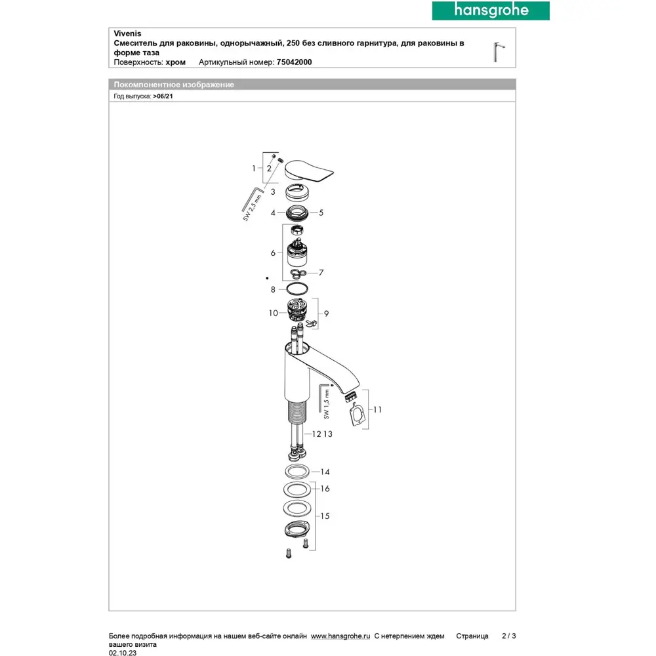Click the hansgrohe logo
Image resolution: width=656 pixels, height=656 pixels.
click(480, 10)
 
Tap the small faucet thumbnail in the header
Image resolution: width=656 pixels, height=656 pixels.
click(499, 51)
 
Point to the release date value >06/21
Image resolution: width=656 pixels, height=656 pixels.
click(163, 96)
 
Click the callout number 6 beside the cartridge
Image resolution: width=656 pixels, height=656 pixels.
click(273, 252)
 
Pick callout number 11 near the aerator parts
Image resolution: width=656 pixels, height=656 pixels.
click(377, 409)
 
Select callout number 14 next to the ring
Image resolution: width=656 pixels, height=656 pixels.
click(325, 472)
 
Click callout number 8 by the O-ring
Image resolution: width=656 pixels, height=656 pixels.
click(272, 289)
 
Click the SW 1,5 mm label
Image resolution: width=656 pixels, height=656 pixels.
click(329, 405)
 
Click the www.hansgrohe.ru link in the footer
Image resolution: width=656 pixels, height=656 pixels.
click(340, 636)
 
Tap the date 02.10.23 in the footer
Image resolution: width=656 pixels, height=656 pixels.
click(123, 653)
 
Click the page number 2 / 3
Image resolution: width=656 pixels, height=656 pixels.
click(509, 636)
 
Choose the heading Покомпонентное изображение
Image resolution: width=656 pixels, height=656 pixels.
click(174, 85)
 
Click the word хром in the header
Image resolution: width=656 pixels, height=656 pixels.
click(176, 62)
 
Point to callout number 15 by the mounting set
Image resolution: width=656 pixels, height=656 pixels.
click(325, 516)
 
